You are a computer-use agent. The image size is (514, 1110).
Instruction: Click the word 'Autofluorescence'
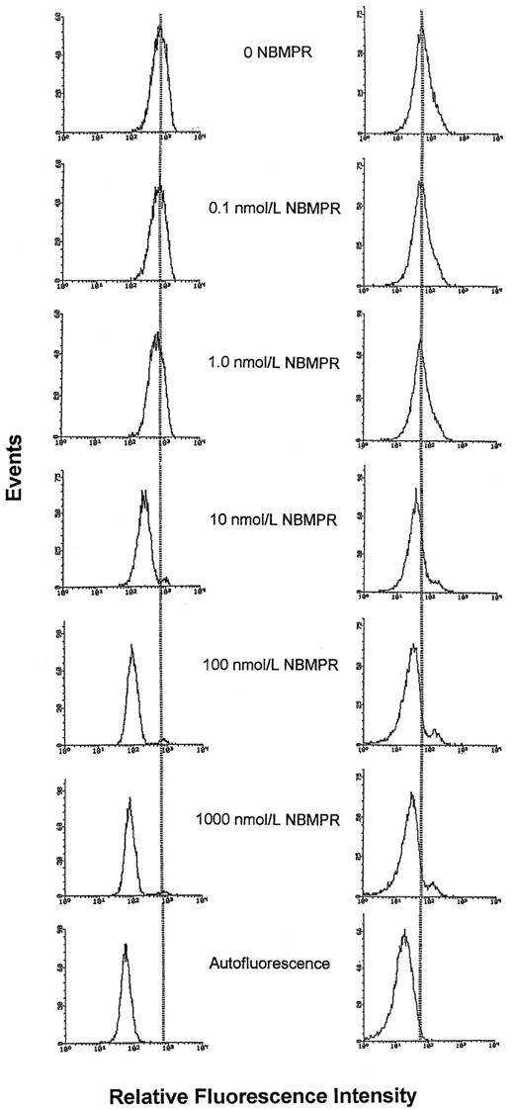(x=269, y=961)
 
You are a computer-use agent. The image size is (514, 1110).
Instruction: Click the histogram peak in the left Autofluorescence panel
(x=126, y=946)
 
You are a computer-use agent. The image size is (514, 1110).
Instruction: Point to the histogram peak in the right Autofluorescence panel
(x=404, y=932)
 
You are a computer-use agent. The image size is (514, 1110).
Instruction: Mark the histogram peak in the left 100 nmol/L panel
(x=131, y=646)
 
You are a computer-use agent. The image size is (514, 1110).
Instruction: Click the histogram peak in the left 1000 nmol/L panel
(x=128, y=798)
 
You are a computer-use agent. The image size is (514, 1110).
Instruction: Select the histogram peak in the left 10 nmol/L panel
(x=144, y=492)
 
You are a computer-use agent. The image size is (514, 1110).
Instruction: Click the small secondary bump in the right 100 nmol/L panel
(x=436, y=732)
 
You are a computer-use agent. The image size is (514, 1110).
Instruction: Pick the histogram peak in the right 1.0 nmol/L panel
(x=420, y=341)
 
